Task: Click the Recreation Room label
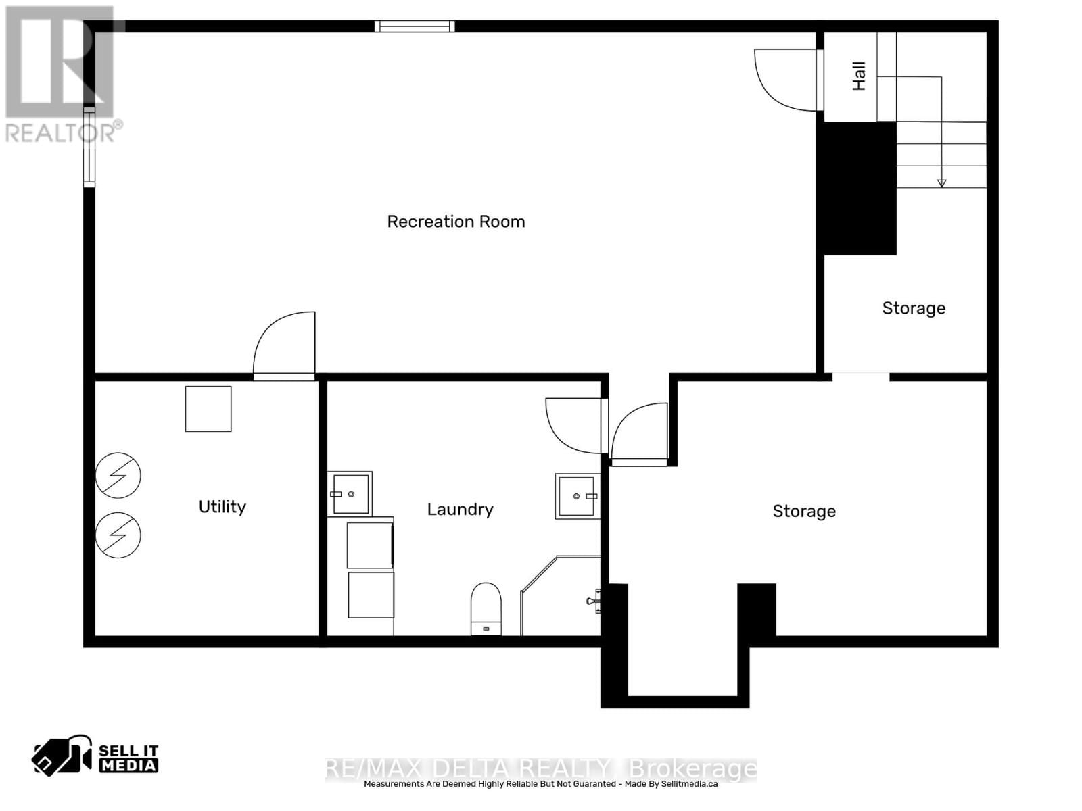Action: [x=456, y=222]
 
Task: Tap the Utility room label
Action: [x=222, y=507]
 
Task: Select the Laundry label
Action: [x=460, y=509]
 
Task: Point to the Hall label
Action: [x=859, y=76]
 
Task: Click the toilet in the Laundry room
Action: [x=486, y=608]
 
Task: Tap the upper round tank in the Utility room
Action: [x=118, y=475]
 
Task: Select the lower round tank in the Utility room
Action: [x=118, y=535]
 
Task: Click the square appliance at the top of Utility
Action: [x=208, y=409]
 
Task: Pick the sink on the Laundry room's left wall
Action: [x=350, y=494]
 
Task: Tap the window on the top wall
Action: [x=415, y=26]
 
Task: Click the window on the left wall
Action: [x=89, y=145]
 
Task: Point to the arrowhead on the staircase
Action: [x=941, y=182]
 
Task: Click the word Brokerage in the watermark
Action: [x=693, y=769]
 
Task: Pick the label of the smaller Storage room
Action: [x=914, y=308]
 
